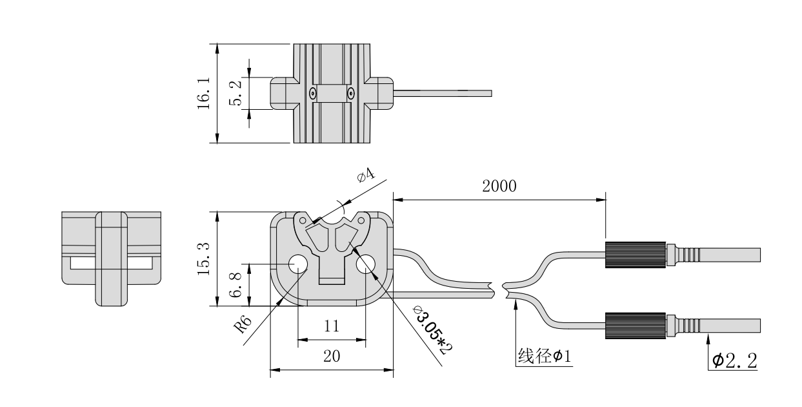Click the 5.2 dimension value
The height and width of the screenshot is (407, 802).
point(237,94)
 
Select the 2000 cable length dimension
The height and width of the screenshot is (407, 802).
point(499,187)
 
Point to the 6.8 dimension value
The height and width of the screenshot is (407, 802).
point(237,285)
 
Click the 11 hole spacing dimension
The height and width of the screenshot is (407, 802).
point(331,327)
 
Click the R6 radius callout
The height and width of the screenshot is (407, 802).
point(243,324)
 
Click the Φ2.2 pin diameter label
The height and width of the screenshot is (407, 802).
point(735,360)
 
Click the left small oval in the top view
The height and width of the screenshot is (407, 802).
point(312,94)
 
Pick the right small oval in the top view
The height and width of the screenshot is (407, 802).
point(350,94)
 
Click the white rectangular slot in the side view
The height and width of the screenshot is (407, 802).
point(111,264)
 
